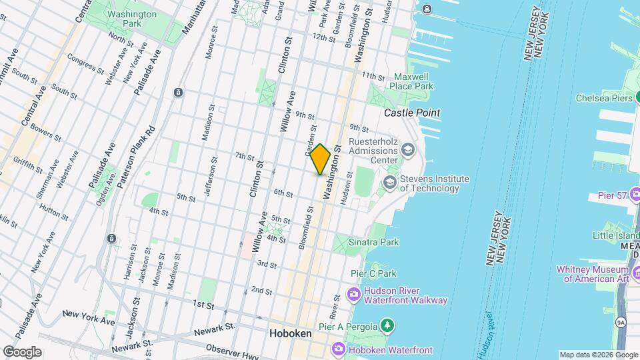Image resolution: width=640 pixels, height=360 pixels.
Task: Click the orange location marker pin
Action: tap(321, 159)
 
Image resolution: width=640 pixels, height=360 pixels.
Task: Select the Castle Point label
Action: tap(412, 113)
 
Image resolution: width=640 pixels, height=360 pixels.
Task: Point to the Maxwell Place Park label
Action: tap(413, 81)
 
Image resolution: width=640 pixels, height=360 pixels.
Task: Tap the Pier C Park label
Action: tap(373, 273)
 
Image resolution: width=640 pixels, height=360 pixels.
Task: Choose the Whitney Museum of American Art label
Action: tap(597, 274)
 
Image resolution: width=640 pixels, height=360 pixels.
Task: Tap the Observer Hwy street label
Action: tap(231, 351)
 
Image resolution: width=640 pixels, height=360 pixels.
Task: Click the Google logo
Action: tap(22, 351)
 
